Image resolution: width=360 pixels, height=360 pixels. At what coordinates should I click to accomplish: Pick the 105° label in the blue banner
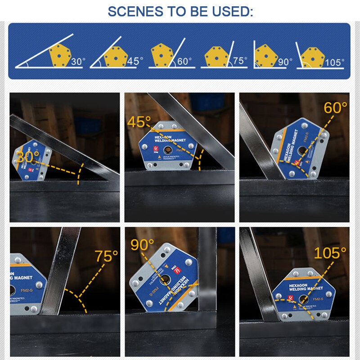coord(334,62)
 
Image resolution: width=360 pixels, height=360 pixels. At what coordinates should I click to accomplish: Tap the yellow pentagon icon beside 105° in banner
coord(312,57)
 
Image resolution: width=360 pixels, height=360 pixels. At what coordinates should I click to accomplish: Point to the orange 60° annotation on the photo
coord(336,108)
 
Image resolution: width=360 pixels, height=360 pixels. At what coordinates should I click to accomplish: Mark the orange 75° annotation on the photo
coord(106,256)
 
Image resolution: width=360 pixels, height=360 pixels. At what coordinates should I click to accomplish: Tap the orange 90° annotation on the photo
coord(142,244)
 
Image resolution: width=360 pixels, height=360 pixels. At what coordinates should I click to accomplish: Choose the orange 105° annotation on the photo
coord(330,253)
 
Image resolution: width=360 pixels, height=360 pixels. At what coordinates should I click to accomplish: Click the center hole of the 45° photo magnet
coord(167,149)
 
